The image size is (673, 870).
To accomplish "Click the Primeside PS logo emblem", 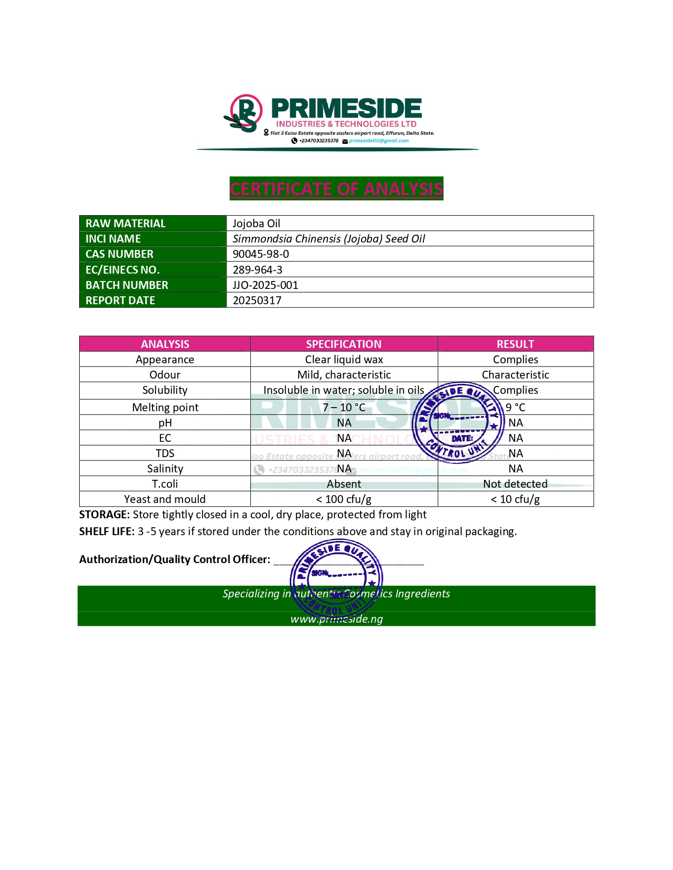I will pos(244,113).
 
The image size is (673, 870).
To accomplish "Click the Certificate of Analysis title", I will pos(336,189).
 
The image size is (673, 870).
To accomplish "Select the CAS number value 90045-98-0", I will pos(261,254).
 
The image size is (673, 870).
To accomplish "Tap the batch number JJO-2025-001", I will pos(266,285).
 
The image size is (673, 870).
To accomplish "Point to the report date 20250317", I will pos(257,301).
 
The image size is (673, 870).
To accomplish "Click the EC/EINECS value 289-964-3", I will pos(258,270).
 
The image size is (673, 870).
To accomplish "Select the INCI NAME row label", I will pos(113,239).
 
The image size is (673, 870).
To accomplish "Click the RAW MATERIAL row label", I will pos(126,224).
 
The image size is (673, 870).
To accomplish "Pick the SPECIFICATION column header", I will pos(344,344).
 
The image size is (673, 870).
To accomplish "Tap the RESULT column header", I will pos(515,344).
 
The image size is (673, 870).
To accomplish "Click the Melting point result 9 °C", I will pos(515,408).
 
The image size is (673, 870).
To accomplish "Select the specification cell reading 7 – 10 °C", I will pos(344,408).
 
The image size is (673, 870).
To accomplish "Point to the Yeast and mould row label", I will pos(165,499).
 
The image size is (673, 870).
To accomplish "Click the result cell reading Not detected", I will pos(515,484).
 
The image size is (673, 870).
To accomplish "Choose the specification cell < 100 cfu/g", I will pos(344,499).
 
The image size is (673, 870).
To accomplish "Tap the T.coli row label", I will pos(165,484).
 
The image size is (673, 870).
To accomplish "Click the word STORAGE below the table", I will pos(104,515).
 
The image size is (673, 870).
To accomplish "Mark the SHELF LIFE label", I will pos(107,531).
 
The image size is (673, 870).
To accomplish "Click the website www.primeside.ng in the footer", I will pos(337,619).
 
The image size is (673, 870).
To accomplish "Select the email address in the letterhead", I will pos(378,141).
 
